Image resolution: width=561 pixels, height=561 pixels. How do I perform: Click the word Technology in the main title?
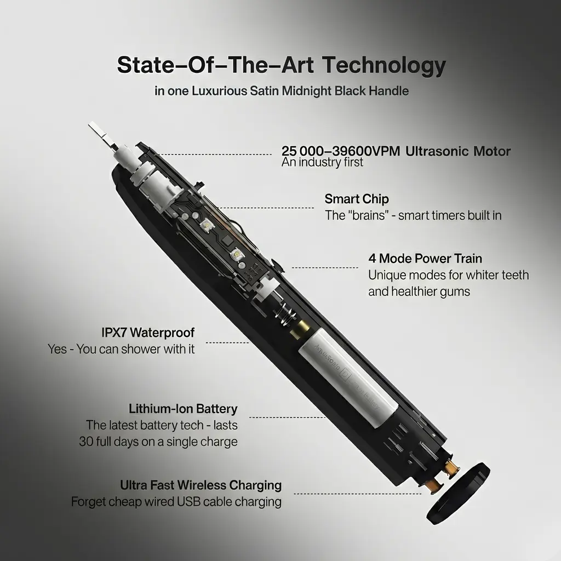(384, 65)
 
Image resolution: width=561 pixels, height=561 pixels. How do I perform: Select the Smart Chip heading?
(357, 198)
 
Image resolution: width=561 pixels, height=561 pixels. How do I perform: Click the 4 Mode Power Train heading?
(425, 259)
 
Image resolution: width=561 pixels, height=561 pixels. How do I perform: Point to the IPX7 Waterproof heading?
(148, 333)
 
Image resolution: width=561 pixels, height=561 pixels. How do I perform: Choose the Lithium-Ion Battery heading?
(183, 409)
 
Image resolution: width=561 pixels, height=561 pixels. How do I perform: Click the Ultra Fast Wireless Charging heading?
(201, 485)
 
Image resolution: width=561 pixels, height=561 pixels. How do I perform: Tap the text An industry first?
(322, 162)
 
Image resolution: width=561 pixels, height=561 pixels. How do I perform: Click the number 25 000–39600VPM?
(341, 151)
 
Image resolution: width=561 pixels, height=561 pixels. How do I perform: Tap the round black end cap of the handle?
(459, 493)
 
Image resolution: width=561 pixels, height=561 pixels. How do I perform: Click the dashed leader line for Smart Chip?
(265, 208)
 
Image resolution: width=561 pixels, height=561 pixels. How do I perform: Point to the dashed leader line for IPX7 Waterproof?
(227, 343)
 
